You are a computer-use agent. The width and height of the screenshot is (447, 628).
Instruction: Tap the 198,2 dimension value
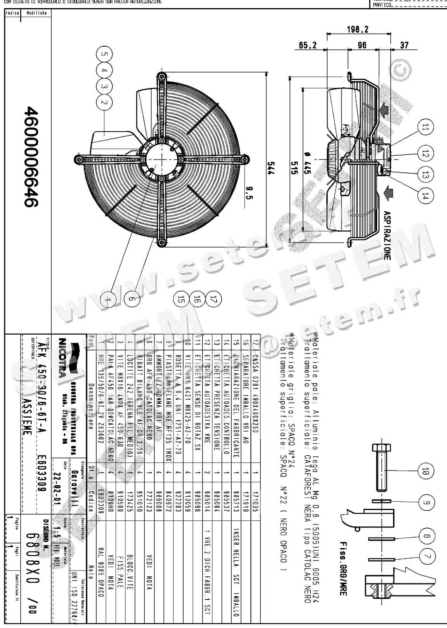pyautogui.click(x=357, y=30)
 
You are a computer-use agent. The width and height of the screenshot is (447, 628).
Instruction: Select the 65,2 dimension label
pyautogui.click(x=308, y=46)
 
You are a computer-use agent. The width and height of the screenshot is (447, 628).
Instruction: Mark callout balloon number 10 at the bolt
pyautogui.click(x=426, y=472)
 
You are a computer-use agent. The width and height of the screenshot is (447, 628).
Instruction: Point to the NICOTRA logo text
pyautogui.click(x=62, y=357)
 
